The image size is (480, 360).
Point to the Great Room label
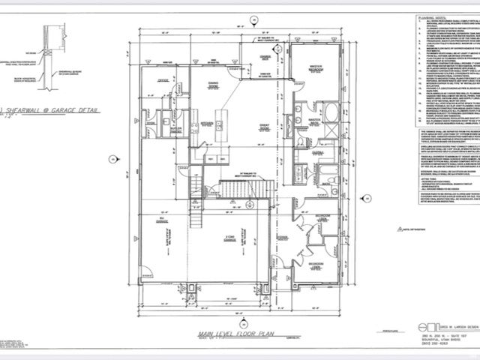coord(242,128)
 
